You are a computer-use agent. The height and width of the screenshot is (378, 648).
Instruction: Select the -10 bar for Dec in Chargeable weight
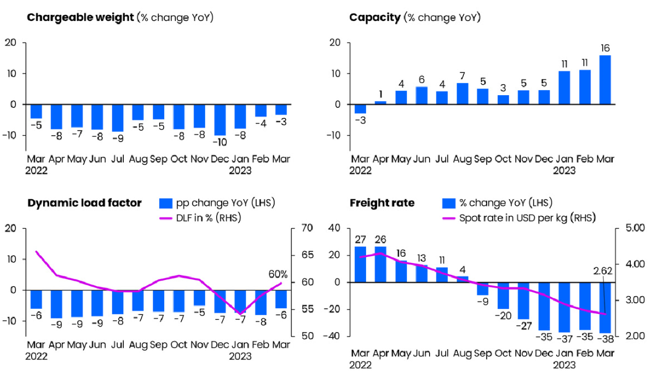pos(220,120)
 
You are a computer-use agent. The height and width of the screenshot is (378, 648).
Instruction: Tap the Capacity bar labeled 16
pos(605,79)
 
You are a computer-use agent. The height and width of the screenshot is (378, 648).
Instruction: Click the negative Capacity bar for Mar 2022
pos(360,109)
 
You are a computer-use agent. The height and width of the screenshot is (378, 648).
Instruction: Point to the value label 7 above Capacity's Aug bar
pos(462,76)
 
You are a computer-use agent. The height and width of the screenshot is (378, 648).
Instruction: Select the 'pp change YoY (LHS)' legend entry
pos(217,203)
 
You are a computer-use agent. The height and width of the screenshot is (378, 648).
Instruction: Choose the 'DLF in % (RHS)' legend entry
pos(201,218)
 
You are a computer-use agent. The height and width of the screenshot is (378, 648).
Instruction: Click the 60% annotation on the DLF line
pos(278,274)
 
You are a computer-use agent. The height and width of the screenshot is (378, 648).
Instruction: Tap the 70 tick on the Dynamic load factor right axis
pos(307,228)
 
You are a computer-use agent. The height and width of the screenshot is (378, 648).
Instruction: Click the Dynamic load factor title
pos(84,203)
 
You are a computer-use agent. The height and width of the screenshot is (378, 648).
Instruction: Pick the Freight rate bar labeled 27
pos(360,265)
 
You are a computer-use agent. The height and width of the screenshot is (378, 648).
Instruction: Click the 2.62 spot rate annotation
pos(603,271)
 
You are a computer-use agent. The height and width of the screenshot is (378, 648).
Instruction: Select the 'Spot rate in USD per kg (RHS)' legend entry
pos(519,218)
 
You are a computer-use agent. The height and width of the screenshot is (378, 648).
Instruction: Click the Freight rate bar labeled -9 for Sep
pos(483,289)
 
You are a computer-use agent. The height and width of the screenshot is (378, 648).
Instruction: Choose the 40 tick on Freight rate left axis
pos(335,228)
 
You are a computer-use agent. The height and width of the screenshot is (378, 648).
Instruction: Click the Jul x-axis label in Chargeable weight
pos(118,159)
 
